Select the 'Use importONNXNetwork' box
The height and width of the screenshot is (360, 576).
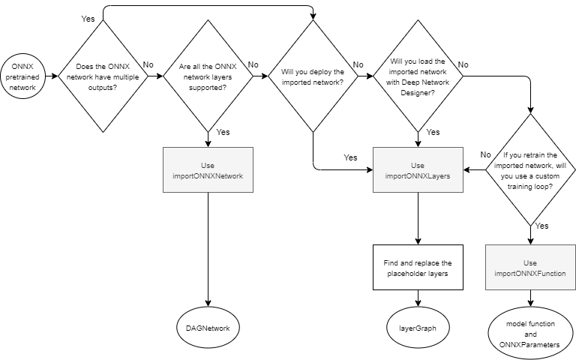point(208,169)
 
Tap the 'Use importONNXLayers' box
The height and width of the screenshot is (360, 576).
point(418,169)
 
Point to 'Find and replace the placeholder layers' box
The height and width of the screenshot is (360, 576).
point(418,268)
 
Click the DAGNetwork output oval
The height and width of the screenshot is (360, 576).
point(208,328)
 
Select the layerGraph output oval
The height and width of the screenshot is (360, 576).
point(418,328)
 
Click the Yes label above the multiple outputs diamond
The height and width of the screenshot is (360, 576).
point(88,17)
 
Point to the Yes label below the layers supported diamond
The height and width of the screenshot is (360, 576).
point(223,132)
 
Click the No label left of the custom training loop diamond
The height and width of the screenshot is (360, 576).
point(486,154)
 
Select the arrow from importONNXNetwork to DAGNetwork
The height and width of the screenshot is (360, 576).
point(208,247)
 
